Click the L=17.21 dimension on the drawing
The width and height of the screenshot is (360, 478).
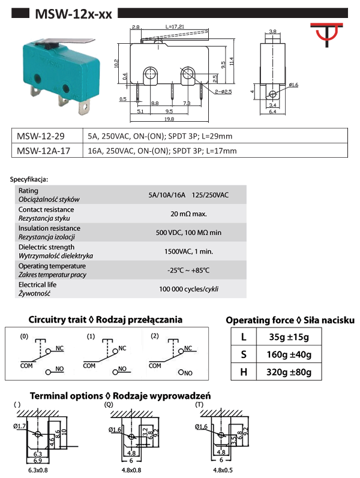174,27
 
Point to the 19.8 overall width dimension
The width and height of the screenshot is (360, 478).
171,118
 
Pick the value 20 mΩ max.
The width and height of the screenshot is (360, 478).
188,214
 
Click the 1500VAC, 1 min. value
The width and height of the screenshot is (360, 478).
188,251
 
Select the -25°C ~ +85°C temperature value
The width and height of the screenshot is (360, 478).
188,270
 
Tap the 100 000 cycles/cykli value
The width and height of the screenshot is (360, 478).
188,289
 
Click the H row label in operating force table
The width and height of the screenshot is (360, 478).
244,372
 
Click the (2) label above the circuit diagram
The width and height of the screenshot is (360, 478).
154,335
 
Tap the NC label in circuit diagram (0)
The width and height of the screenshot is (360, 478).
59,348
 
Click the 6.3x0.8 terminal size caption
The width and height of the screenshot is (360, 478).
37,471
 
